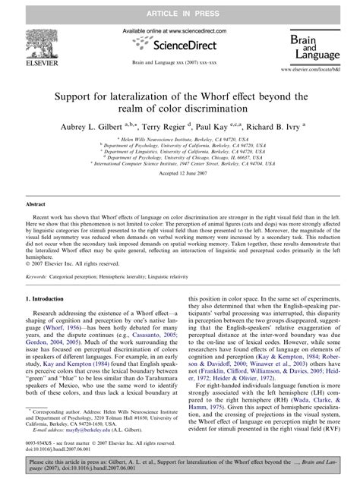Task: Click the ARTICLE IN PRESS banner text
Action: coord(179,7)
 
